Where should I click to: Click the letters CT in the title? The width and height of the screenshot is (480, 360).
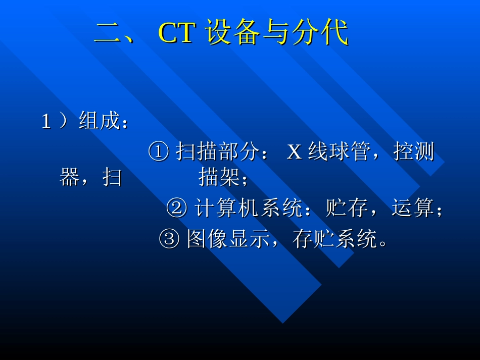click(176, 33)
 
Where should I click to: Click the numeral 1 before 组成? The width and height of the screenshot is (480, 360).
click(46, 122)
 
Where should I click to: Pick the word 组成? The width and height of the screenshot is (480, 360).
click(99, 122)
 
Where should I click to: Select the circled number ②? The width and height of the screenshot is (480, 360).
click(176, 209)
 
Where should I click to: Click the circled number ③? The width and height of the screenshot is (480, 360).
click(169, 239)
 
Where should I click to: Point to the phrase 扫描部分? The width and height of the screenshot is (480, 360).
click(217, 151)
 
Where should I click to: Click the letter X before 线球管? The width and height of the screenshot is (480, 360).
click(294, 151)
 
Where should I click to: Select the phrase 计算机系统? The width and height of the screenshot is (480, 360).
click(249, 209)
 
